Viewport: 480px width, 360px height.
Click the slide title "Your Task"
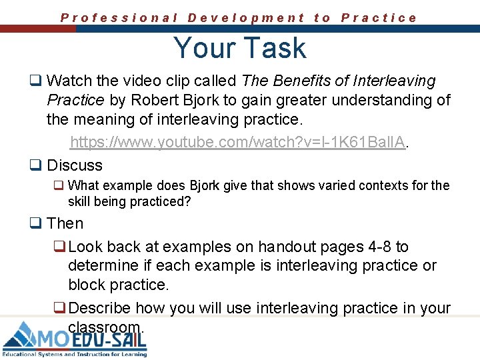[239, 48]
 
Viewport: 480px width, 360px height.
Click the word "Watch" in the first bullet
[69, 81]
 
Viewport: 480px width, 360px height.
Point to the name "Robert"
[155, 101]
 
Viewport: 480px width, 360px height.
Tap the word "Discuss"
[75, 165]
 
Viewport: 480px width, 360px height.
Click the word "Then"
[65, 224]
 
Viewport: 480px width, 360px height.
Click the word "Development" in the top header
[246, 18]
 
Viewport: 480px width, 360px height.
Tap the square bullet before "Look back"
[59, 247]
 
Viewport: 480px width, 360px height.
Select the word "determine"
[99, 265]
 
